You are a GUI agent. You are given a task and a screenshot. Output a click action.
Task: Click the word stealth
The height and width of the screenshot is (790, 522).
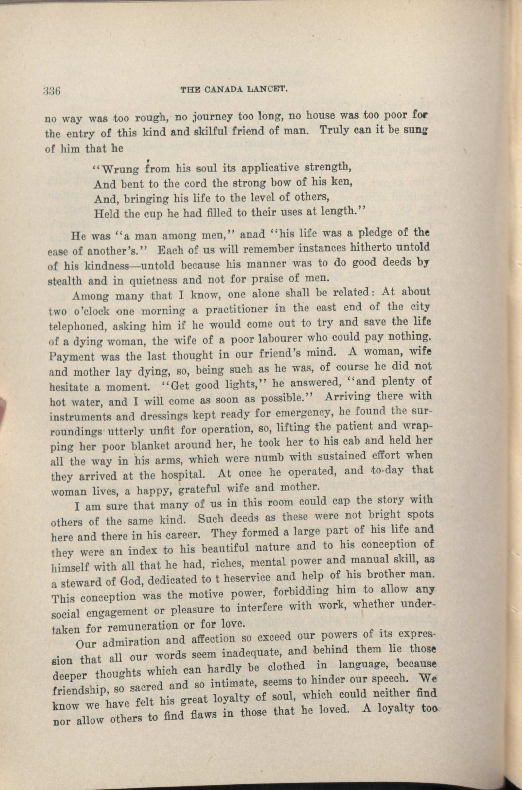(x=65, y=281)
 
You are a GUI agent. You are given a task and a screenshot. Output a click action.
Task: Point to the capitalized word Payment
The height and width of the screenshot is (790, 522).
(x=72, y=357)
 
